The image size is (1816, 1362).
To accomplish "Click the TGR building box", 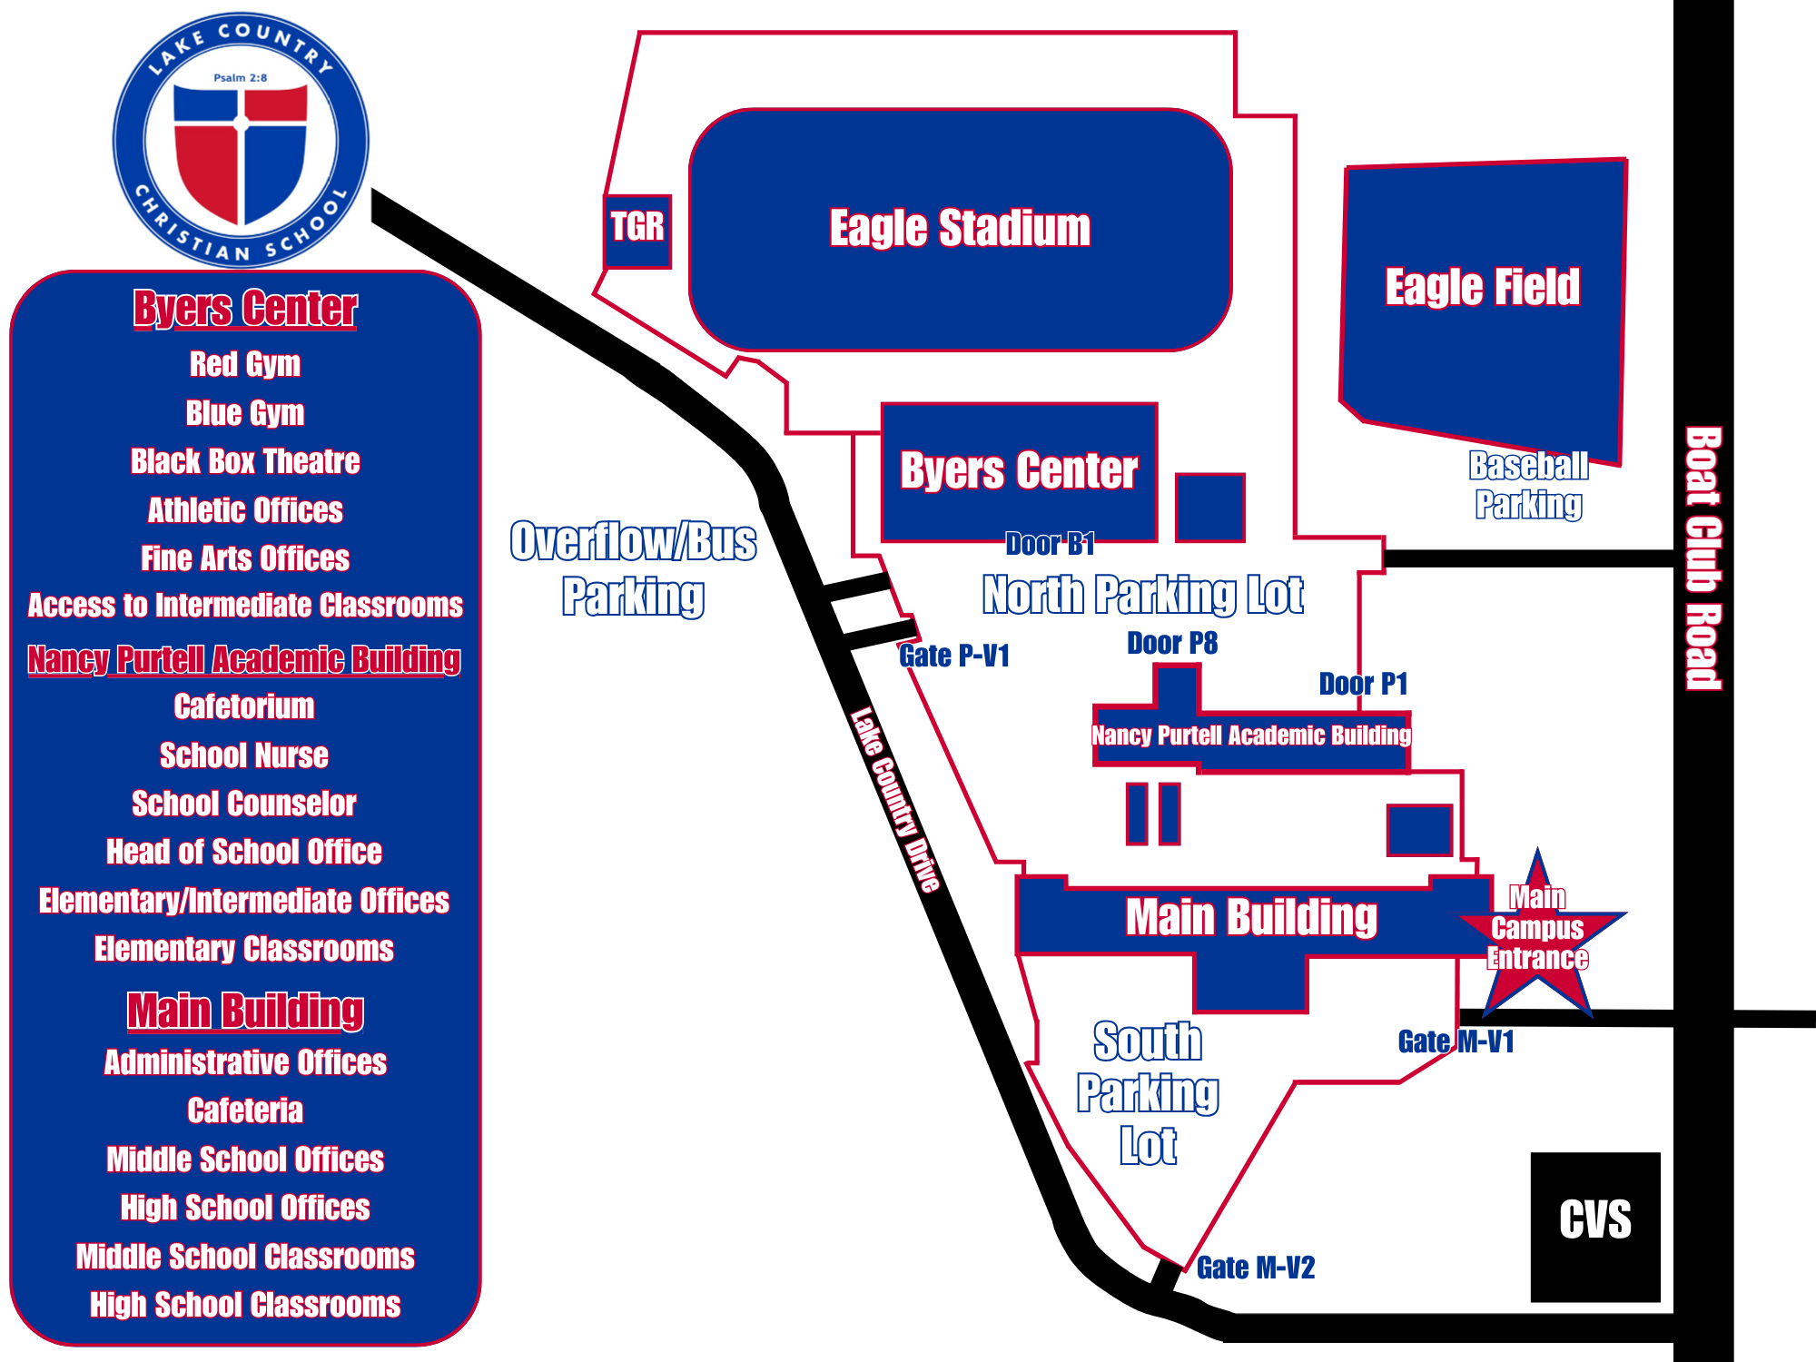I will click(x=637, y=231).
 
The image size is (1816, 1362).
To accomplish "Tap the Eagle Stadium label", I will click(x=960, y=228).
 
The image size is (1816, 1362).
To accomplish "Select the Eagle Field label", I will click(x=1482, y=287).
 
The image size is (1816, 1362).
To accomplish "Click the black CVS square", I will click(x=1595, y=1226).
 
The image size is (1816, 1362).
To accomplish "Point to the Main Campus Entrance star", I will click(x=1538, y=935).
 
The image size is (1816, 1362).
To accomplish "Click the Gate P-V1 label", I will click(x=954, y=656).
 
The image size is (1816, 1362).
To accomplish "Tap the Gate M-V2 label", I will click(x=1256, y=1268).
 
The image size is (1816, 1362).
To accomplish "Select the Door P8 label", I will click(x=1172, y=644).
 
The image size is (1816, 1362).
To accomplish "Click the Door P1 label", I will click(x=1363, y=684).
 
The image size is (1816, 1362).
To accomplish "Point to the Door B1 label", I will click(x=1050, y=544).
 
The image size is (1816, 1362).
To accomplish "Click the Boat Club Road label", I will click(x=1703, y=558).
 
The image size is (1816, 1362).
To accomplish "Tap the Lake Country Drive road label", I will click(x=895, y=799).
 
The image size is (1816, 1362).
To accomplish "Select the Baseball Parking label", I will click(x=1529, y=485).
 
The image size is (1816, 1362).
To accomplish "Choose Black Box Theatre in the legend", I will click(x=245, y=461).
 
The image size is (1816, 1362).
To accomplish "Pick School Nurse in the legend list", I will click(x=244, y=755).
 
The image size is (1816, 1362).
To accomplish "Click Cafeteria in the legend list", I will click(x=245, y=1110).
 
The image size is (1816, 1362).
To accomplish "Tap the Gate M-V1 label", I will click(x=1456, y=1041).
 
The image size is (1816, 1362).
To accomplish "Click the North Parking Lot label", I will click(x=1143, y=596).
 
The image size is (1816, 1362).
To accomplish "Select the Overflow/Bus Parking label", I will click(x=633, y=568).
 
